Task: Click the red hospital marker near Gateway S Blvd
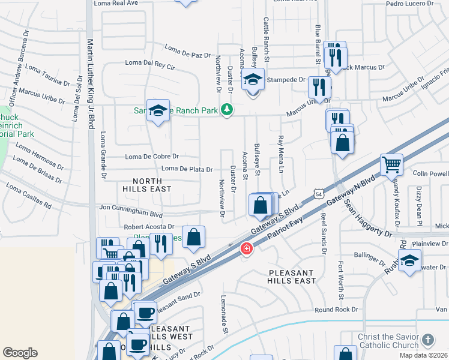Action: tap(246, 248)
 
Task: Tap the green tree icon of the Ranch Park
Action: tap(226, 109)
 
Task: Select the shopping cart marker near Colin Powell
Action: tap(391, 164)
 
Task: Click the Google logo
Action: tap(20, 353)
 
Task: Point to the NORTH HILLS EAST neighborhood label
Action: tap(147, 185)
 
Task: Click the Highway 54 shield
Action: tap(318, 193)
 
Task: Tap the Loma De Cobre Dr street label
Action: tap(152, 157)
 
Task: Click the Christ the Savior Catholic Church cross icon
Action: tap(427, 340)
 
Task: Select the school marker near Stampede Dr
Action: tap(253, 80)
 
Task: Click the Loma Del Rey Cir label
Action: tap(149, 63)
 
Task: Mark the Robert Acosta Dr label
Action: tap(148, 227)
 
